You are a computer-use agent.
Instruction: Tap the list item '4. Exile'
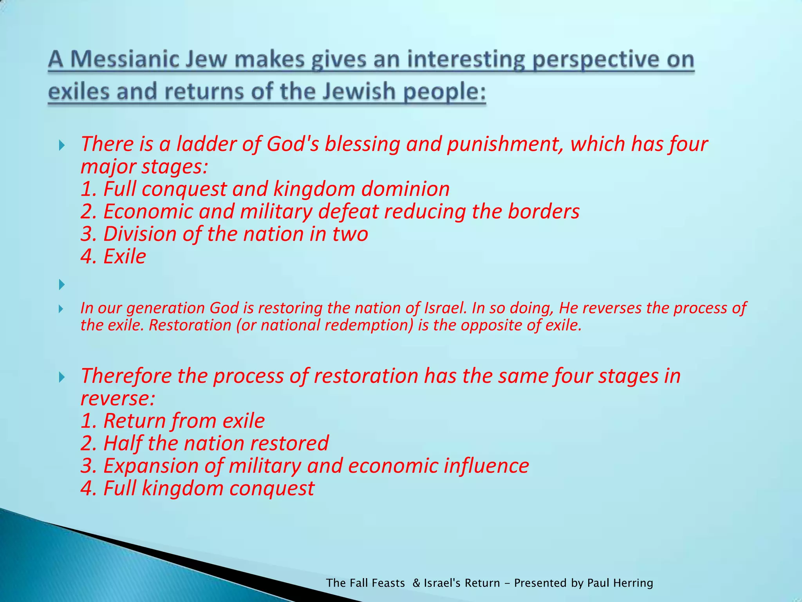[113, 257]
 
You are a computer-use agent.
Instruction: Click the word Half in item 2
[122, 443]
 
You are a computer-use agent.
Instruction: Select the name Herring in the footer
[633, 583]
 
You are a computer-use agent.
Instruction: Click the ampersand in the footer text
[416, 583]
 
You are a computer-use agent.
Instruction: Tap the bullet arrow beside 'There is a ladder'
[61, 146]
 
